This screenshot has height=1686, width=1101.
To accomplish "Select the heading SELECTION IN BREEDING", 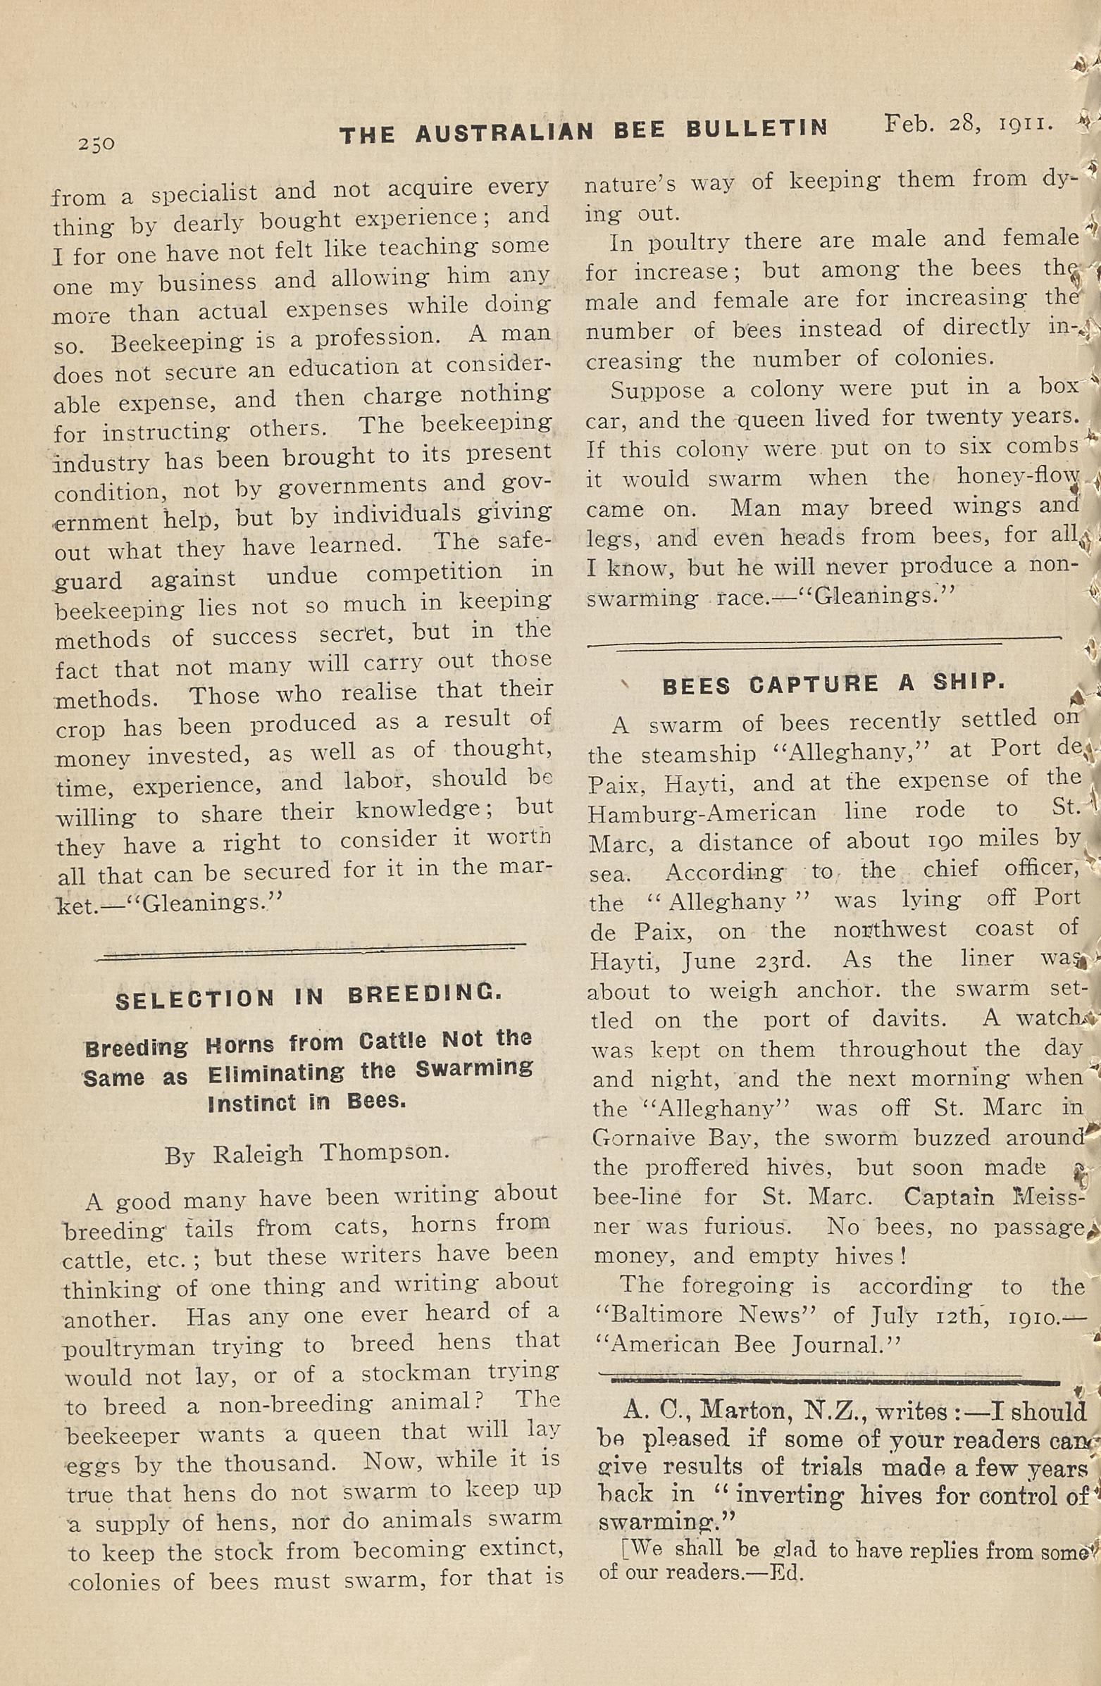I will tap(309, 997).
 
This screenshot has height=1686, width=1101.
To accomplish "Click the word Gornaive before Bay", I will tap(643, 1137).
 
